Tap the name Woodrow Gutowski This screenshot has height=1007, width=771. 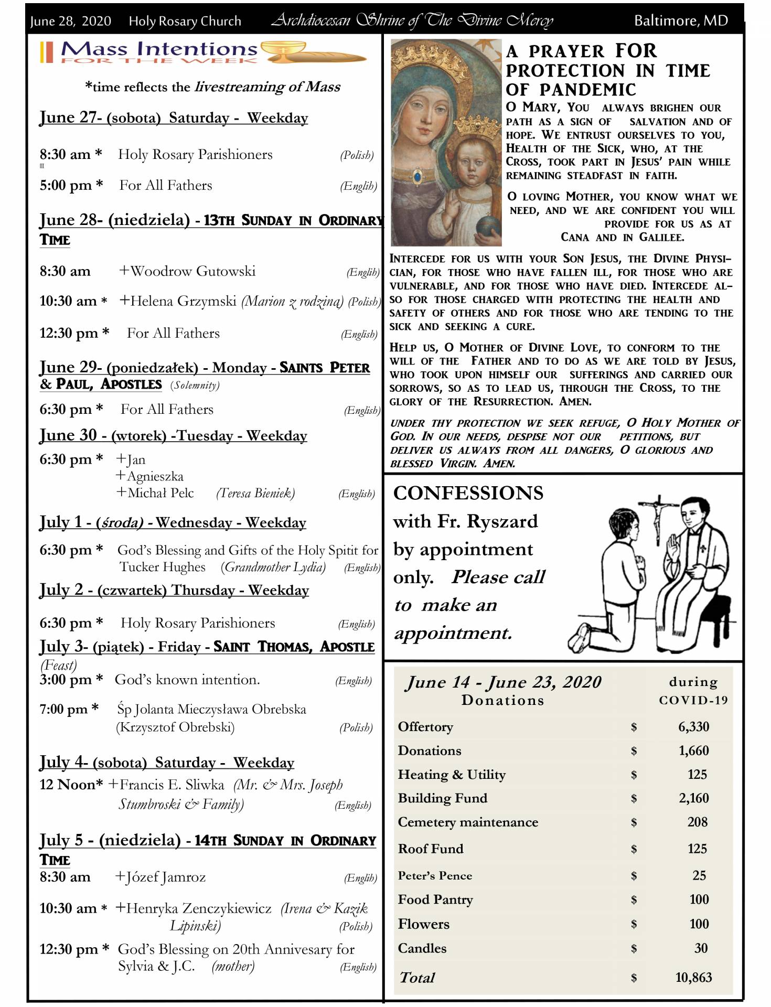coord(192,271)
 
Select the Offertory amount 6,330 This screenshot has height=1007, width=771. coord(693,726)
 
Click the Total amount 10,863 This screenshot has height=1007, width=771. coord(693,977)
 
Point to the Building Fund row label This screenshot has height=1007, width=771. coord(442,798)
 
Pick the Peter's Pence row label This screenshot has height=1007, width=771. coord(435,875)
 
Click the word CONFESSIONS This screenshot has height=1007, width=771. coord(468,493)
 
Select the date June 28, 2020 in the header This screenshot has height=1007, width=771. coord(70,21)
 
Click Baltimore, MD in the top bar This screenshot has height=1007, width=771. coord(681,20)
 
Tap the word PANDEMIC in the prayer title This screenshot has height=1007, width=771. coord(587,90)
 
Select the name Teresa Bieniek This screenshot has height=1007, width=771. coord(255,493)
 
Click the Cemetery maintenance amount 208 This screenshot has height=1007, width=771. coord(697,822)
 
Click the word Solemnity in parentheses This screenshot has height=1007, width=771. coord(195,385)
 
